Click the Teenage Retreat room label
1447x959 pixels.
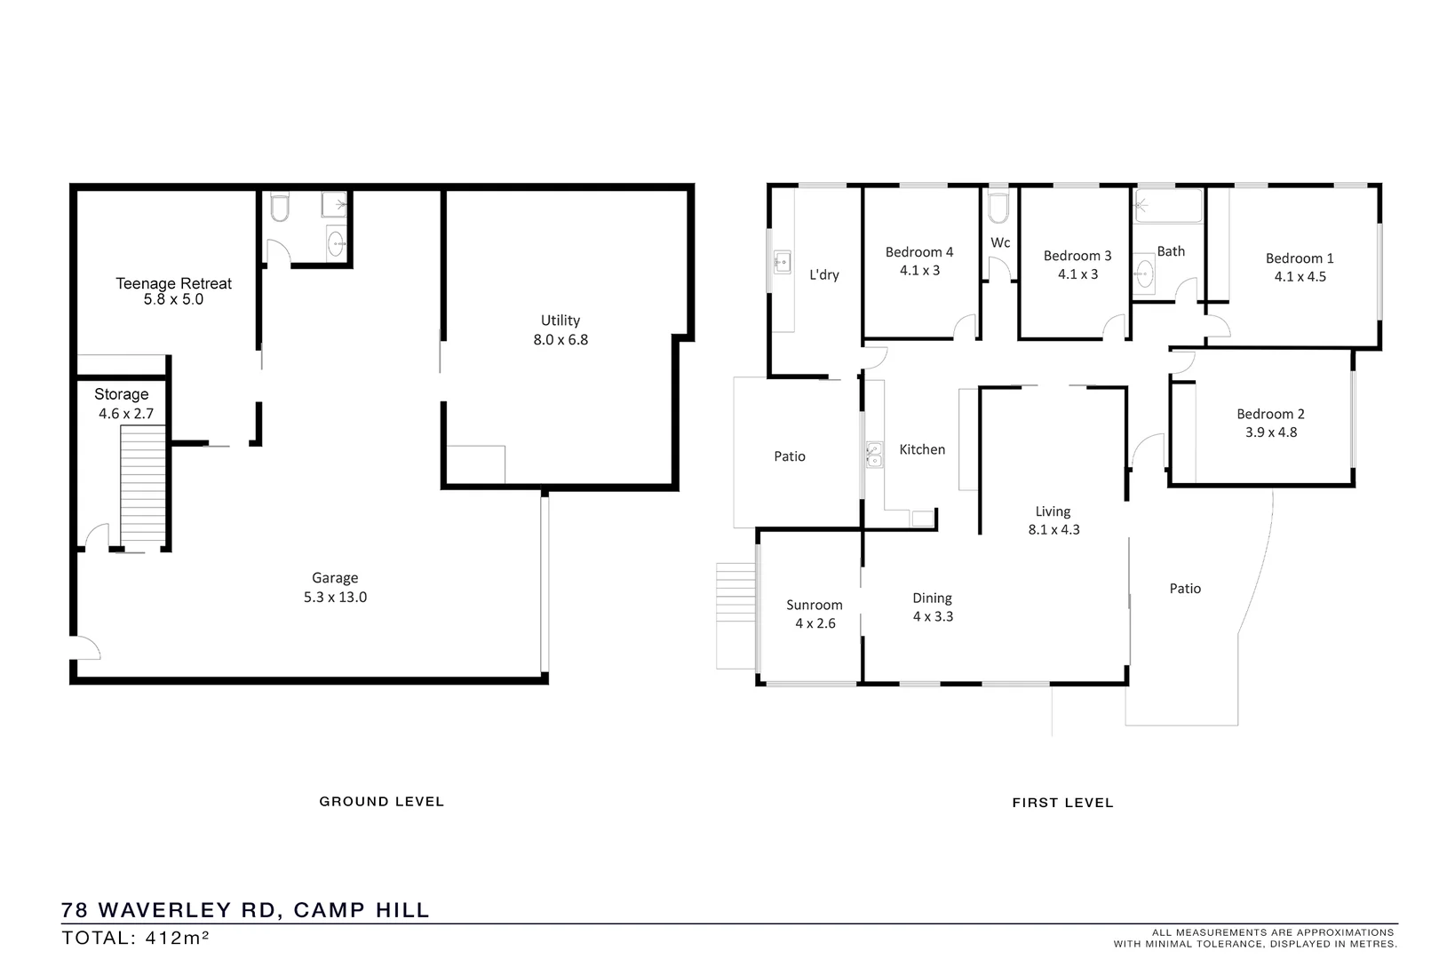[x=173, y=283]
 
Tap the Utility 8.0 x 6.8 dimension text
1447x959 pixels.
[x=561, y=339]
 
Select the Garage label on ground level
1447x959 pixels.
[x=335, y=577]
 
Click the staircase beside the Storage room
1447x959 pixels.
[x=142, y=484]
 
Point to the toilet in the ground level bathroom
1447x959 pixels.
[x=279, y=208]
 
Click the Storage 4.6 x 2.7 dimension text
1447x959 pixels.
[x=126, y=414]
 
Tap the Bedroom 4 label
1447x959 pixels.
[x=918, y=252]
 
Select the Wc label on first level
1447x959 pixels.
[x=1000, y=242]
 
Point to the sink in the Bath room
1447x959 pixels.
[x=1145, y=273]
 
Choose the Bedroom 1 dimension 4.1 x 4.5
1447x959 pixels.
[x=1300, y=276]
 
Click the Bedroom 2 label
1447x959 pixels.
[x=1270, y=414]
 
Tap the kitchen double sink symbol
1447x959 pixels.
[x=874, y=456]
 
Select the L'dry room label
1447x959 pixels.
[x=823, y=274]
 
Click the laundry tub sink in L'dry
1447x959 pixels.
[x=782, y=262]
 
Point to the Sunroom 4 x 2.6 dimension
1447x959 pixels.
[x=815, y=623]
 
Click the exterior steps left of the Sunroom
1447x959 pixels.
[x=735, y=614]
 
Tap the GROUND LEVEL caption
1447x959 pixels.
[x=381, y=801]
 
